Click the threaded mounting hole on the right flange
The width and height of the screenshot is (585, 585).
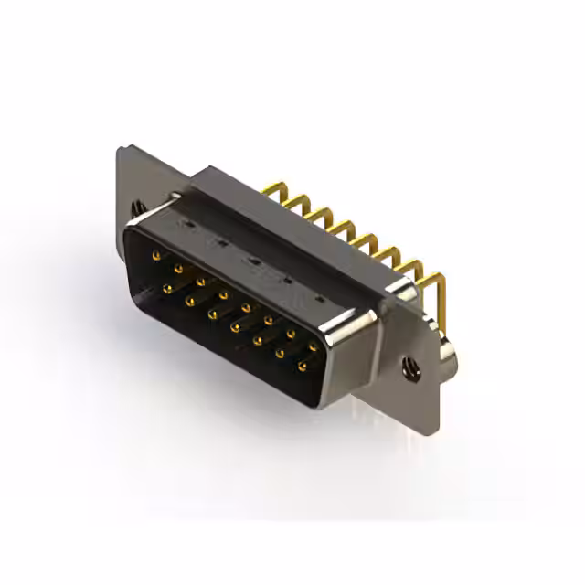409,368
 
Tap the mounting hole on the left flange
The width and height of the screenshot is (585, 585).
139,207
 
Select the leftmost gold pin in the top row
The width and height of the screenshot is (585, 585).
156,254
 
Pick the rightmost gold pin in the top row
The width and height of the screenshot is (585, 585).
314,348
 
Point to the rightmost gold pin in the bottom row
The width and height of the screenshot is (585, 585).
302,366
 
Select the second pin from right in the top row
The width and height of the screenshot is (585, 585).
292,335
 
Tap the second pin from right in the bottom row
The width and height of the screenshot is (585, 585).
280,353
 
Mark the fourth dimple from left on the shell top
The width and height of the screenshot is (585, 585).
286,280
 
